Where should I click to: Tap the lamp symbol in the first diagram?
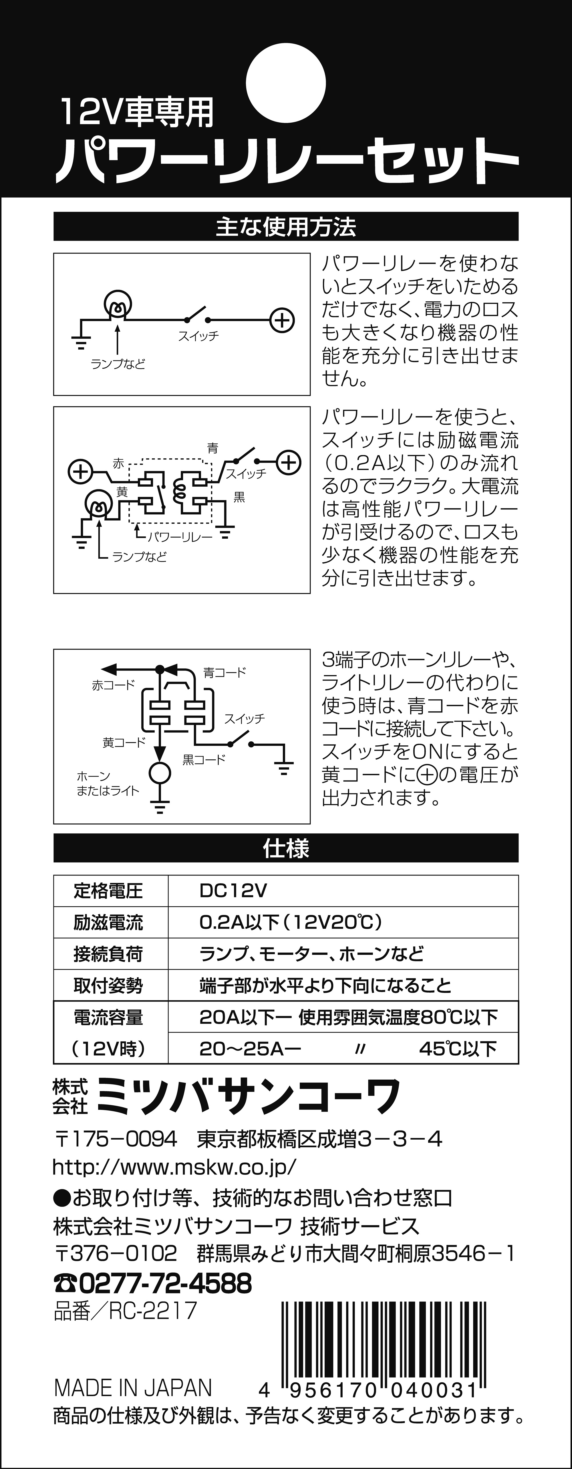(118, 305)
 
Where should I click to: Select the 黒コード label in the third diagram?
(204, 760)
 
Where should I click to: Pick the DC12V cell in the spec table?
(233, 891)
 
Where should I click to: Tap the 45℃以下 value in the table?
(458, 1048)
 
